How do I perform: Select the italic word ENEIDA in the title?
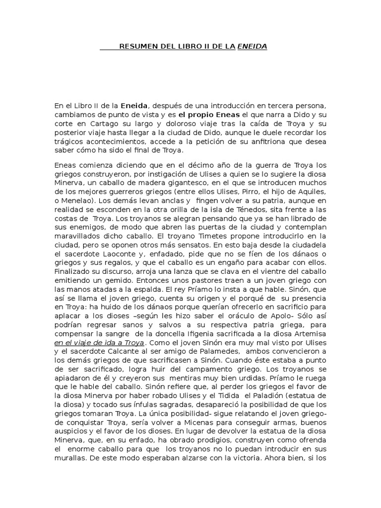[x=252, y=47]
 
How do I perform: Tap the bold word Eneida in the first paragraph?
[x=135, y=106]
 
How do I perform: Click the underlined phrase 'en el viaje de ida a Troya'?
[x=99, y=342]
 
